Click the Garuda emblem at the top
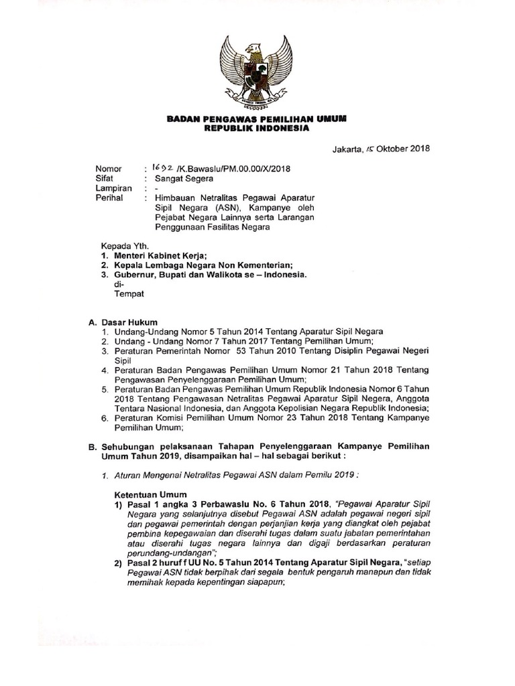257,70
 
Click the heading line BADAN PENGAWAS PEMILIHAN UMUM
257,119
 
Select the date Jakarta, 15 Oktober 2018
380,149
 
